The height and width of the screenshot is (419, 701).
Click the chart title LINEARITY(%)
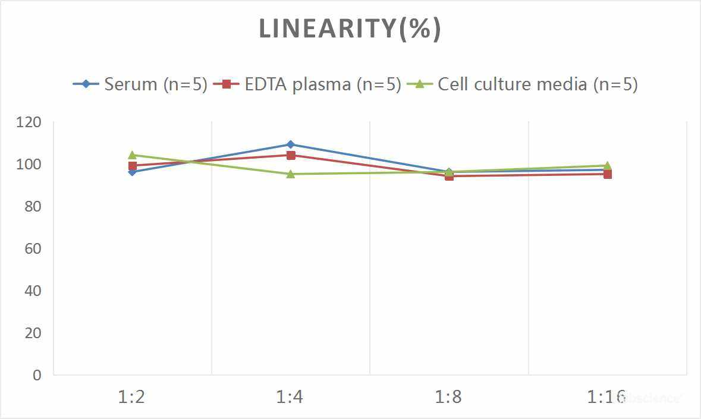coord(350,29)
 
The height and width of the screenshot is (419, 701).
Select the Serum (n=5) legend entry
coord(140,84)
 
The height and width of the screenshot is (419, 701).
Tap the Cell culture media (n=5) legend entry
coord(523,84)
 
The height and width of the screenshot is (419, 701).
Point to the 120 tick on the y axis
coord(29,122)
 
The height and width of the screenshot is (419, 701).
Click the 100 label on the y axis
coord(29,165)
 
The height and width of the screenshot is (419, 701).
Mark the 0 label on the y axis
coord(37,375)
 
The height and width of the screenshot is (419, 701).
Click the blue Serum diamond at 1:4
coord(291,144)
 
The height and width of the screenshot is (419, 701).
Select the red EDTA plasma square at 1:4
coord(291,155)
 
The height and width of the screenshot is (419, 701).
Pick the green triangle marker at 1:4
coord(291,174)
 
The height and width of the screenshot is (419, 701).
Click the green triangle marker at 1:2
coord(133,155)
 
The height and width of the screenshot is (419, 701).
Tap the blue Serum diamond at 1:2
coord(133,172)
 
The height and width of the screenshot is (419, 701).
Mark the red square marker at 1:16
coord(608,174)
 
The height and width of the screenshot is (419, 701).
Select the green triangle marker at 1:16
coord(608,166)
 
